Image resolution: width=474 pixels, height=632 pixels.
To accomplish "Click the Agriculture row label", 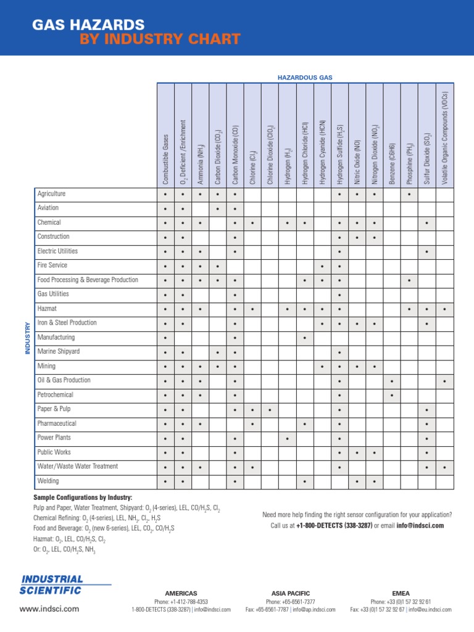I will coord(51,194).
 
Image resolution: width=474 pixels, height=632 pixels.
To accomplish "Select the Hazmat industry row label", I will coord(47,309).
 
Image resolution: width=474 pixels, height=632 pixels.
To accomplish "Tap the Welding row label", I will coord(48,481).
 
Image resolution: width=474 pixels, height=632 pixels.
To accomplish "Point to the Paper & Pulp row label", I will coord(54,409).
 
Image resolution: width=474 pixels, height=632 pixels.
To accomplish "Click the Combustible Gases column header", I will coord(165,159).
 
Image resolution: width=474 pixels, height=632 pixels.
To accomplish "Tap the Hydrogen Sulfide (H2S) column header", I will coord(340,155).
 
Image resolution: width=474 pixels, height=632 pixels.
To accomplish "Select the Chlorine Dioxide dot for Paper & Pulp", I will coord(270,410).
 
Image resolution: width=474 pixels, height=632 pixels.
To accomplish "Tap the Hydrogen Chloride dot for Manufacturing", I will coord(305,338).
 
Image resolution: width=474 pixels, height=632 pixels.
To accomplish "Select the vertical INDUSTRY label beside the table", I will coord(27,338).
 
